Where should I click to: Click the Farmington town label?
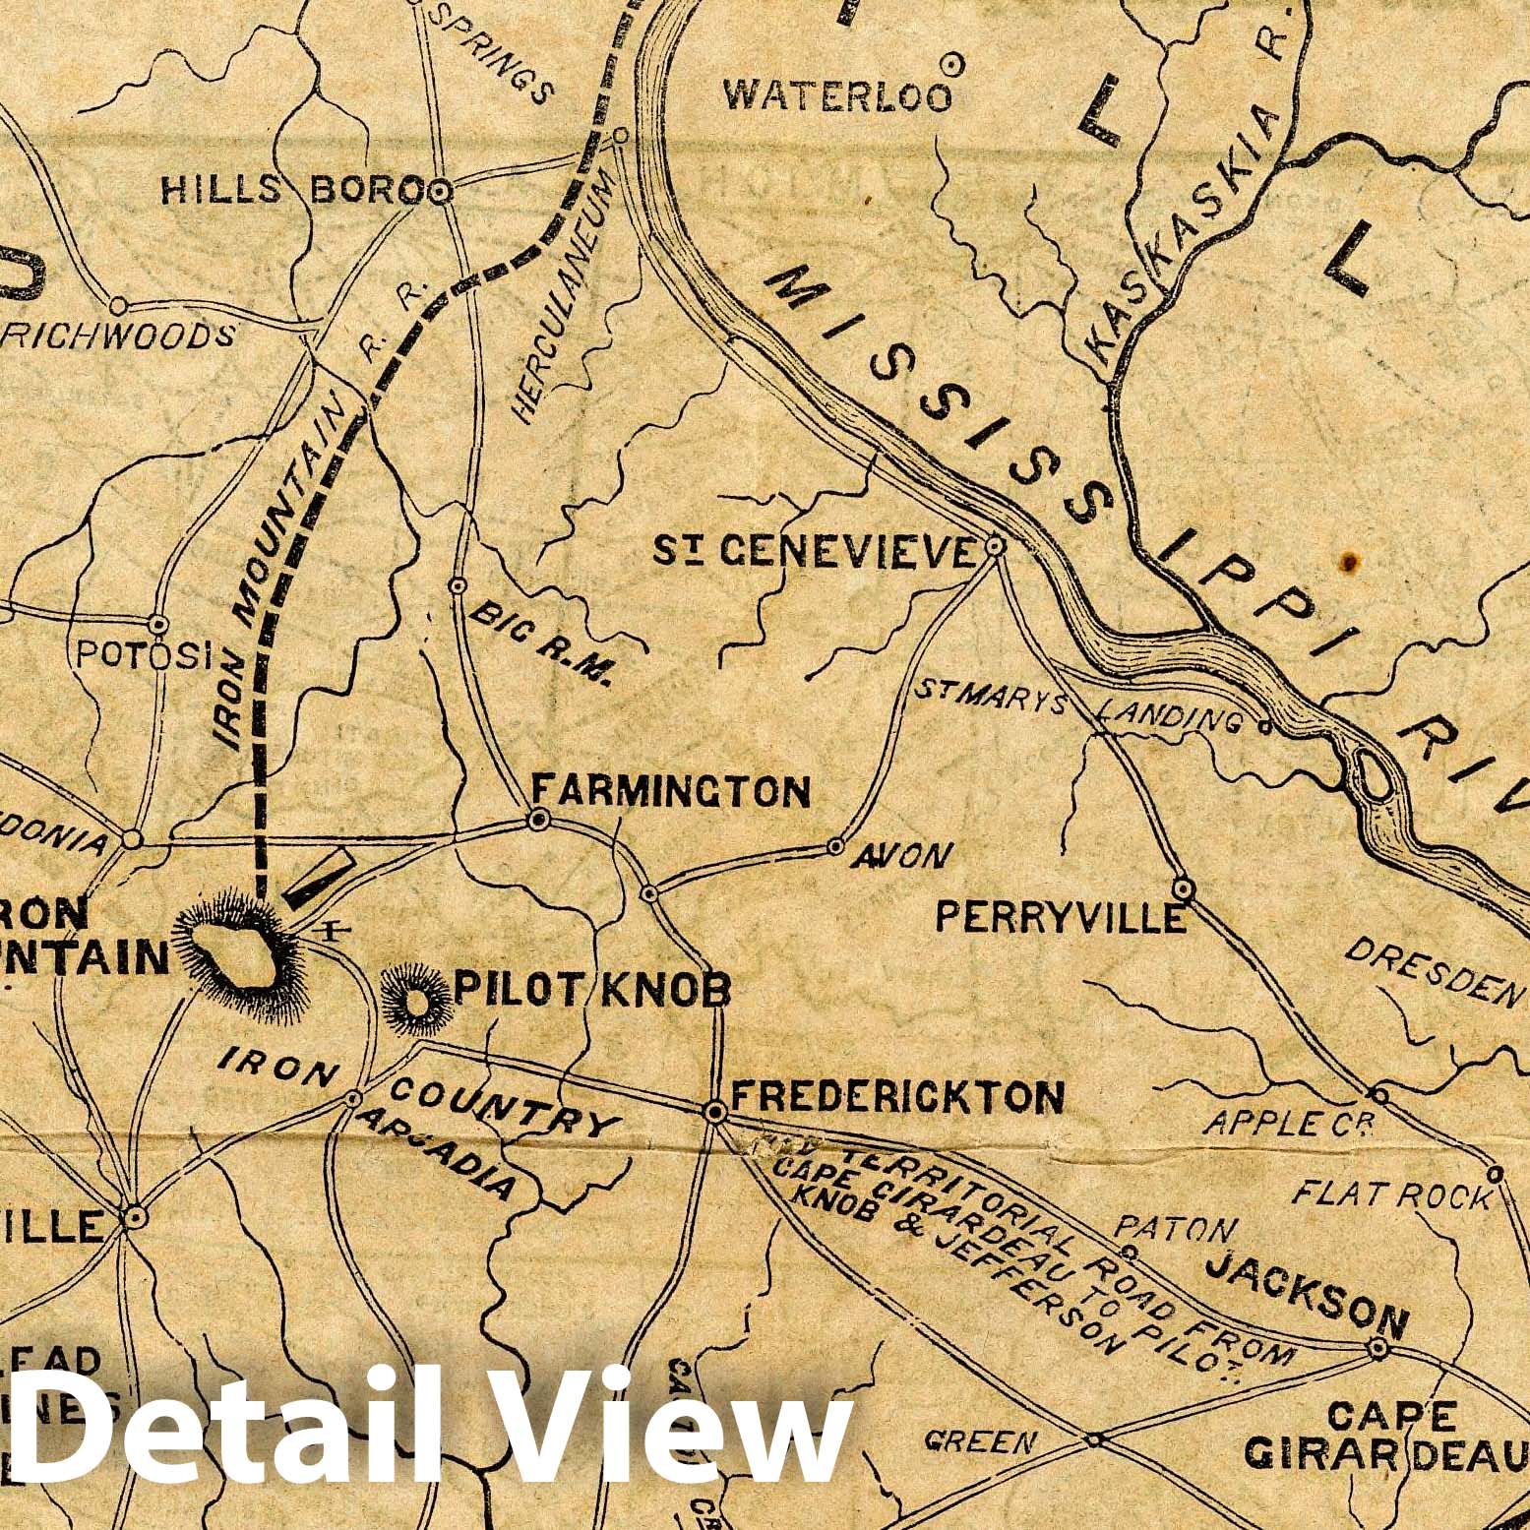coord(671,791)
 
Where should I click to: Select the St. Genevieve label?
coord(815,553)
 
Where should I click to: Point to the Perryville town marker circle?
coord(1186,889)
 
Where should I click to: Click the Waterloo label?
coord(838,96)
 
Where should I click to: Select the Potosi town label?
coord(145,655)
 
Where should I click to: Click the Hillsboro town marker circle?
coord(440,191)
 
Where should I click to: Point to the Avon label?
coord(902,856)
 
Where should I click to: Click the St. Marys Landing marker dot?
coord(1265,728)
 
